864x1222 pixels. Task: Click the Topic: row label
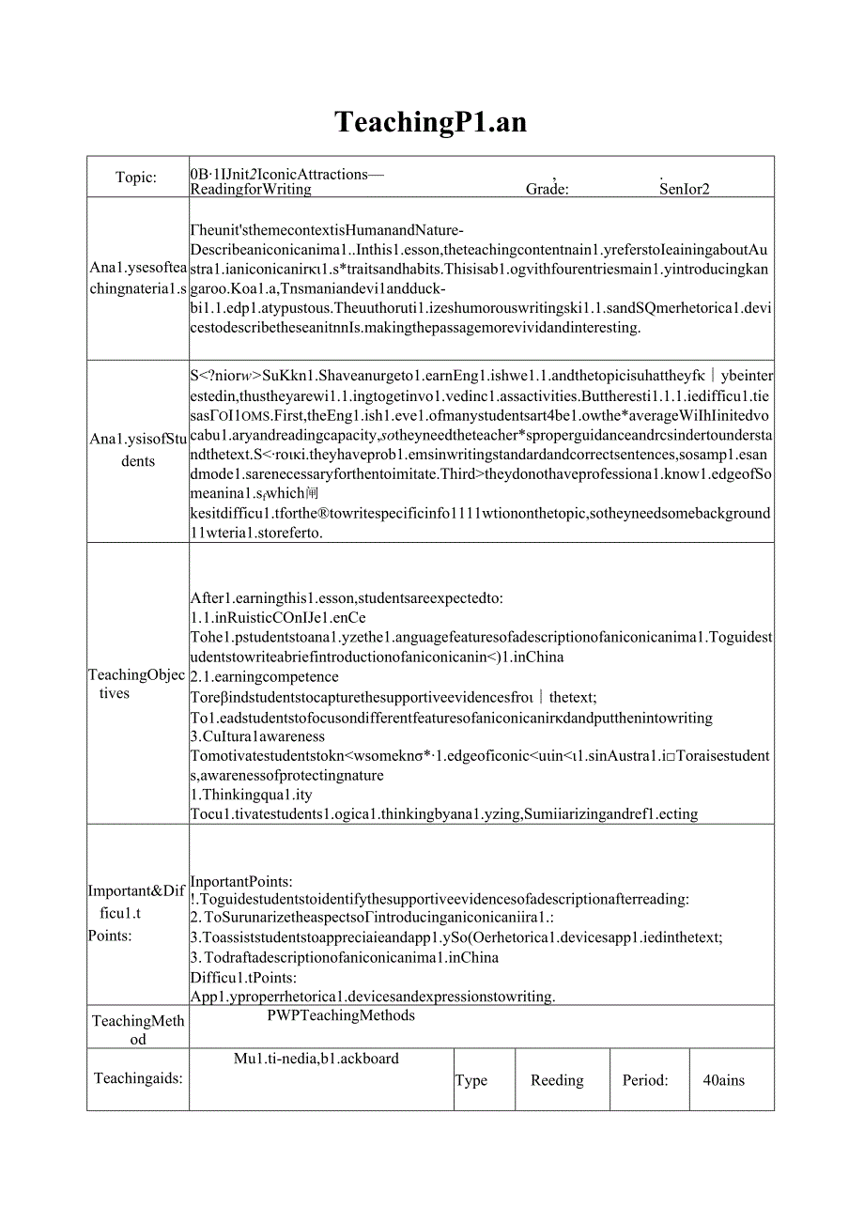pyautogui.click(x=136, y=178)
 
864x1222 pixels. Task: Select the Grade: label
pyautogui.click(x=548, y=188)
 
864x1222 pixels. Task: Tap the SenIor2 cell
pyautogui.click(x=684, y=188)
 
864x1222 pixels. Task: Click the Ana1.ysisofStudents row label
pyautogui.click(x=137, y=451)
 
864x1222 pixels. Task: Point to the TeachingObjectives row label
pyautogui.click(x=137, y=684)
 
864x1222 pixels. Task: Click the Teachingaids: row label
pyautogui.click(x=138, y=1078)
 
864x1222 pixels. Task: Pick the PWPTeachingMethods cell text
pyautogui.click(x=340, y=1015)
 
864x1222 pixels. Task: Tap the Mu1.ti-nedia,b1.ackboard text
pyautogui.click(x=316, y=1059)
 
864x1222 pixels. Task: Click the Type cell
pyautogui.click(x=471, y=1080)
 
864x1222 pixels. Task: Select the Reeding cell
pyautogui.click(x=557, y=1080)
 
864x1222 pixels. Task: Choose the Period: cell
pyautogui.click(x=645, y=1080)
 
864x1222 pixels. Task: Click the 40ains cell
pyautogui.click(x=723, y=1080)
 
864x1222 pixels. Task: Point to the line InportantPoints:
pyautogui.click(x=241, y=881)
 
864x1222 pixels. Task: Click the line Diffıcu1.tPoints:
pyautogui.click(x=230, y=977)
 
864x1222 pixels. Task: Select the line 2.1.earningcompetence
pyautogui.click(x=264, y=676)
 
